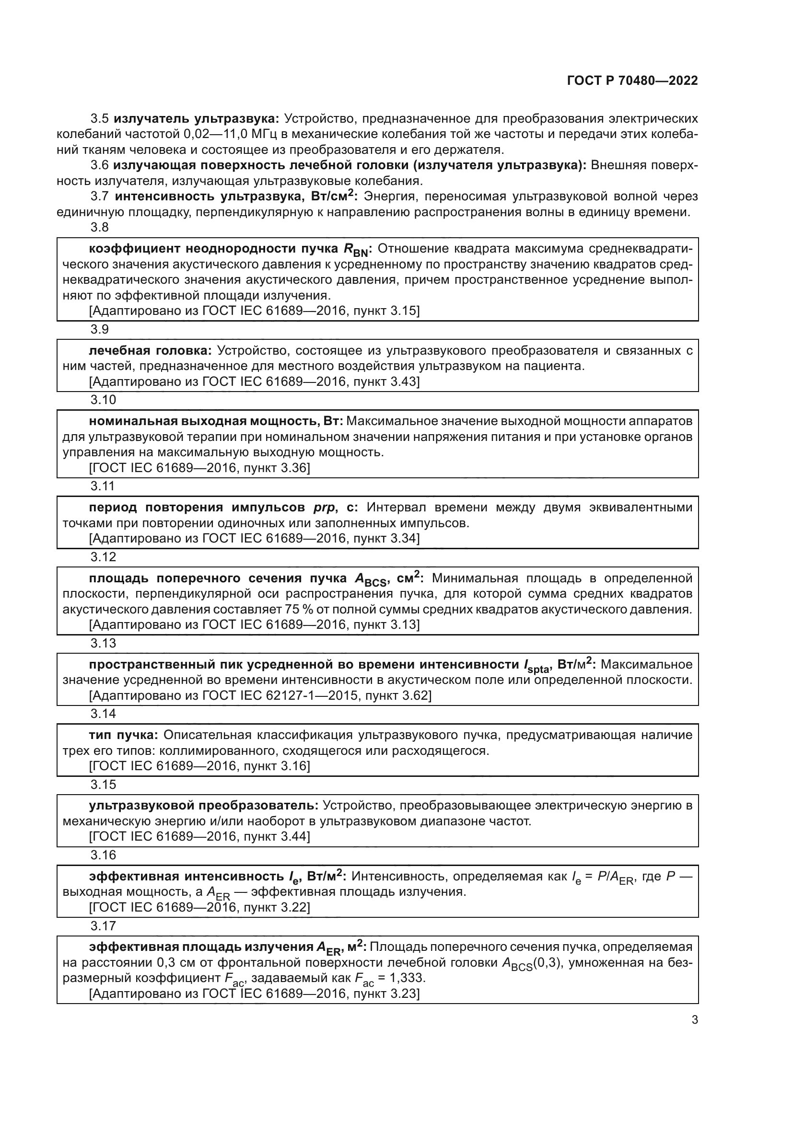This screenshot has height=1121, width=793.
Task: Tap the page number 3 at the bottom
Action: (694, 1020)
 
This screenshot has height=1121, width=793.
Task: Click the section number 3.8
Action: (100, 228)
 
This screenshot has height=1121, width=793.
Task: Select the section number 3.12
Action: (103, 557)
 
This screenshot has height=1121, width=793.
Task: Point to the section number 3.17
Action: (103, 926)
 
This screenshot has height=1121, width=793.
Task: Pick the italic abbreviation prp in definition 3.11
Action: (324, 508)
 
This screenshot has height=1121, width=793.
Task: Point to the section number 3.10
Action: (103, 400)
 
